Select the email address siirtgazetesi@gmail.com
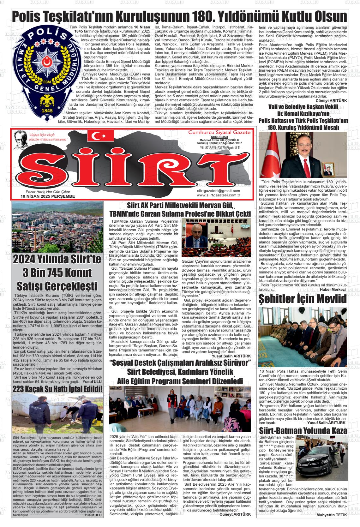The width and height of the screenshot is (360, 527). [x=218, y=191]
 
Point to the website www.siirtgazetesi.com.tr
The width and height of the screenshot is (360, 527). [x=218, y=195]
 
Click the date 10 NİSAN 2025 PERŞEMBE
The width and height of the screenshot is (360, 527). [x=48, y=196]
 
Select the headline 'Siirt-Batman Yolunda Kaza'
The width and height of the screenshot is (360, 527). [x=303, y=431]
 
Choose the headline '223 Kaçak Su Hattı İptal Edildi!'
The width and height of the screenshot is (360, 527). [x=57, y=389]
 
